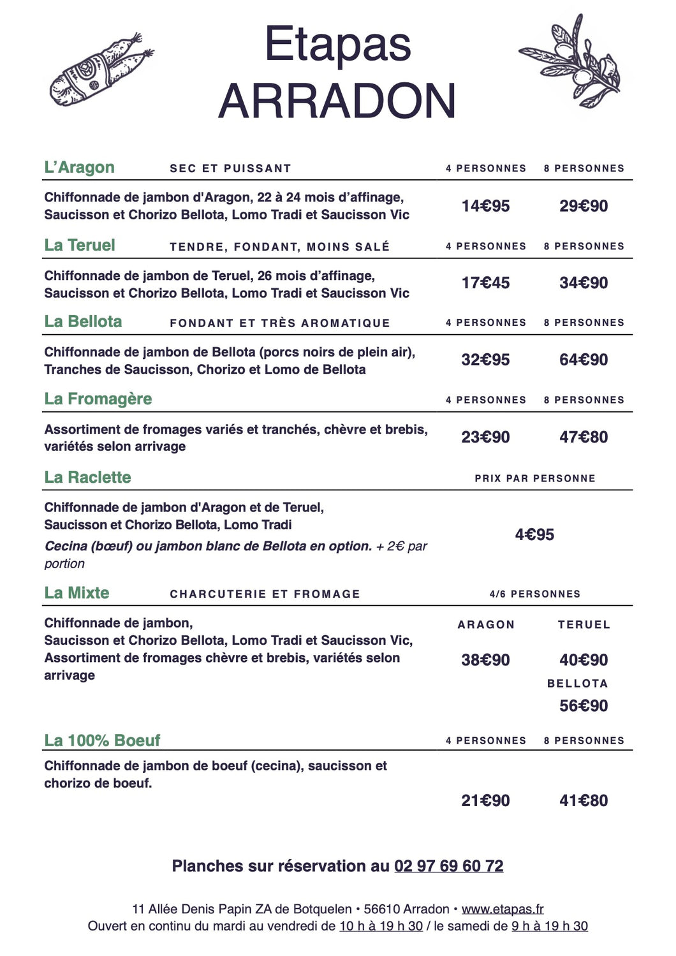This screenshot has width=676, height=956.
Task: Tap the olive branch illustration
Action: [570, 61]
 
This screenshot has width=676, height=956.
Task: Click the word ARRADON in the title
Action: [337, 101]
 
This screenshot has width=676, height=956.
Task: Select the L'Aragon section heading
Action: [79, 168]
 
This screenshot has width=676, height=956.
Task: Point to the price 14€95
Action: [485, 206]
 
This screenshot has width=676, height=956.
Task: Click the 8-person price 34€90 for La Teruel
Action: [584, 283]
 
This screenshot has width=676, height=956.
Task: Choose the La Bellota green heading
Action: [83, 321]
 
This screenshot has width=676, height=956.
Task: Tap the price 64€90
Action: [584, 360]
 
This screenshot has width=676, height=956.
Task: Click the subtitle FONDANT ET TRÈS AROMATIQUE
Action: [279, 323]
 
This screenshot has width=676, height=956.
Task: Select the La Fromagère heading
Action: [98, 399]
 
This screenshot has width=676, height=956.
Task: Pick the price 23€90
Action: [485, 437]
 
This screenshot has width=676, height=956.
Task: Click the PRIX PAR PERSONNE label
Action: [535, 478]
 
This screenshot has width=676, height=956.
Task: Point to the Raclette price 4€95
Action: [534, 534]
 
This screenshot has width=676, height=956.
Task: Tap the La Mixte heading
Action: [77, 593]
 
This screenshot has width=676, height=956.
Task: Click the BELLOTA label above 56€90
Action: [577, 684]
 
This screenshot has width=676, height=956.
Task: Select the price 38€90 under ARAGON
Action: [485, 660]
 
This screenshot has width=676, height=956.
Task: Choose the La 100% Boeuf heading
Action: [102, 740]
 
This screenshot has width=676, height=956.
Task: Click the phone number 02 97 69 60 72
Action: [449, 866]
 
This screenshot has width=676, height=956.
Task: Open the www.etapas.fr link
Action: [503, 909]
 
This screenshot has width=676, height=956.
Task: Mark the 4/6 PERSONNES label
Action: [535, 594]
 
